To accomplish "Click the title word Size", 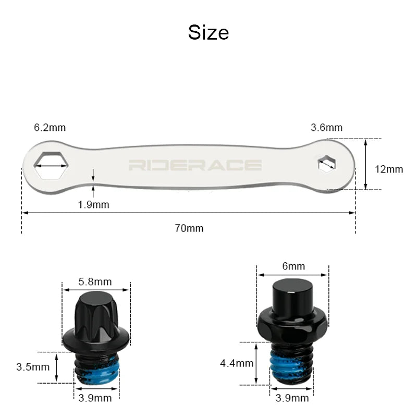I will (x=208, y=33).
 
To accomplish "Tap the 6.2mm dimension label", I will (x=50, y=128).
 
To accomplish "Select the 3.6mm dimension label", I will (x=326, y=128).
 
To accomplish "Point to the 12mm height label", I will (x=389, y=169).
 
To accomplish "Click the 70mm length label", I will (x=189, y=228).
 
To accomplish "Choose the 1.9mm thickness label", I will (x=93, y=204).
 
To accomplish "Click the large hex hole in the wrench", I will (x=51, y=166).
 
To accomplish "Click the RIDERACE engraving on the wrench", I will (x=195, y=166).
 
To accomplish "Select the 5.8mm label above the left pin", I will (x=95, y=282).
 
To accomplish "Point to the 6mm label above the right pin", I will (x=293, y=267).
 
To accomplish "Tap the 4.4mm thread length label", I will (x=237, y=363).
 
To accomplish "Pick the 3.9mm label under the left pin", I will (x=95, y=399).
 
